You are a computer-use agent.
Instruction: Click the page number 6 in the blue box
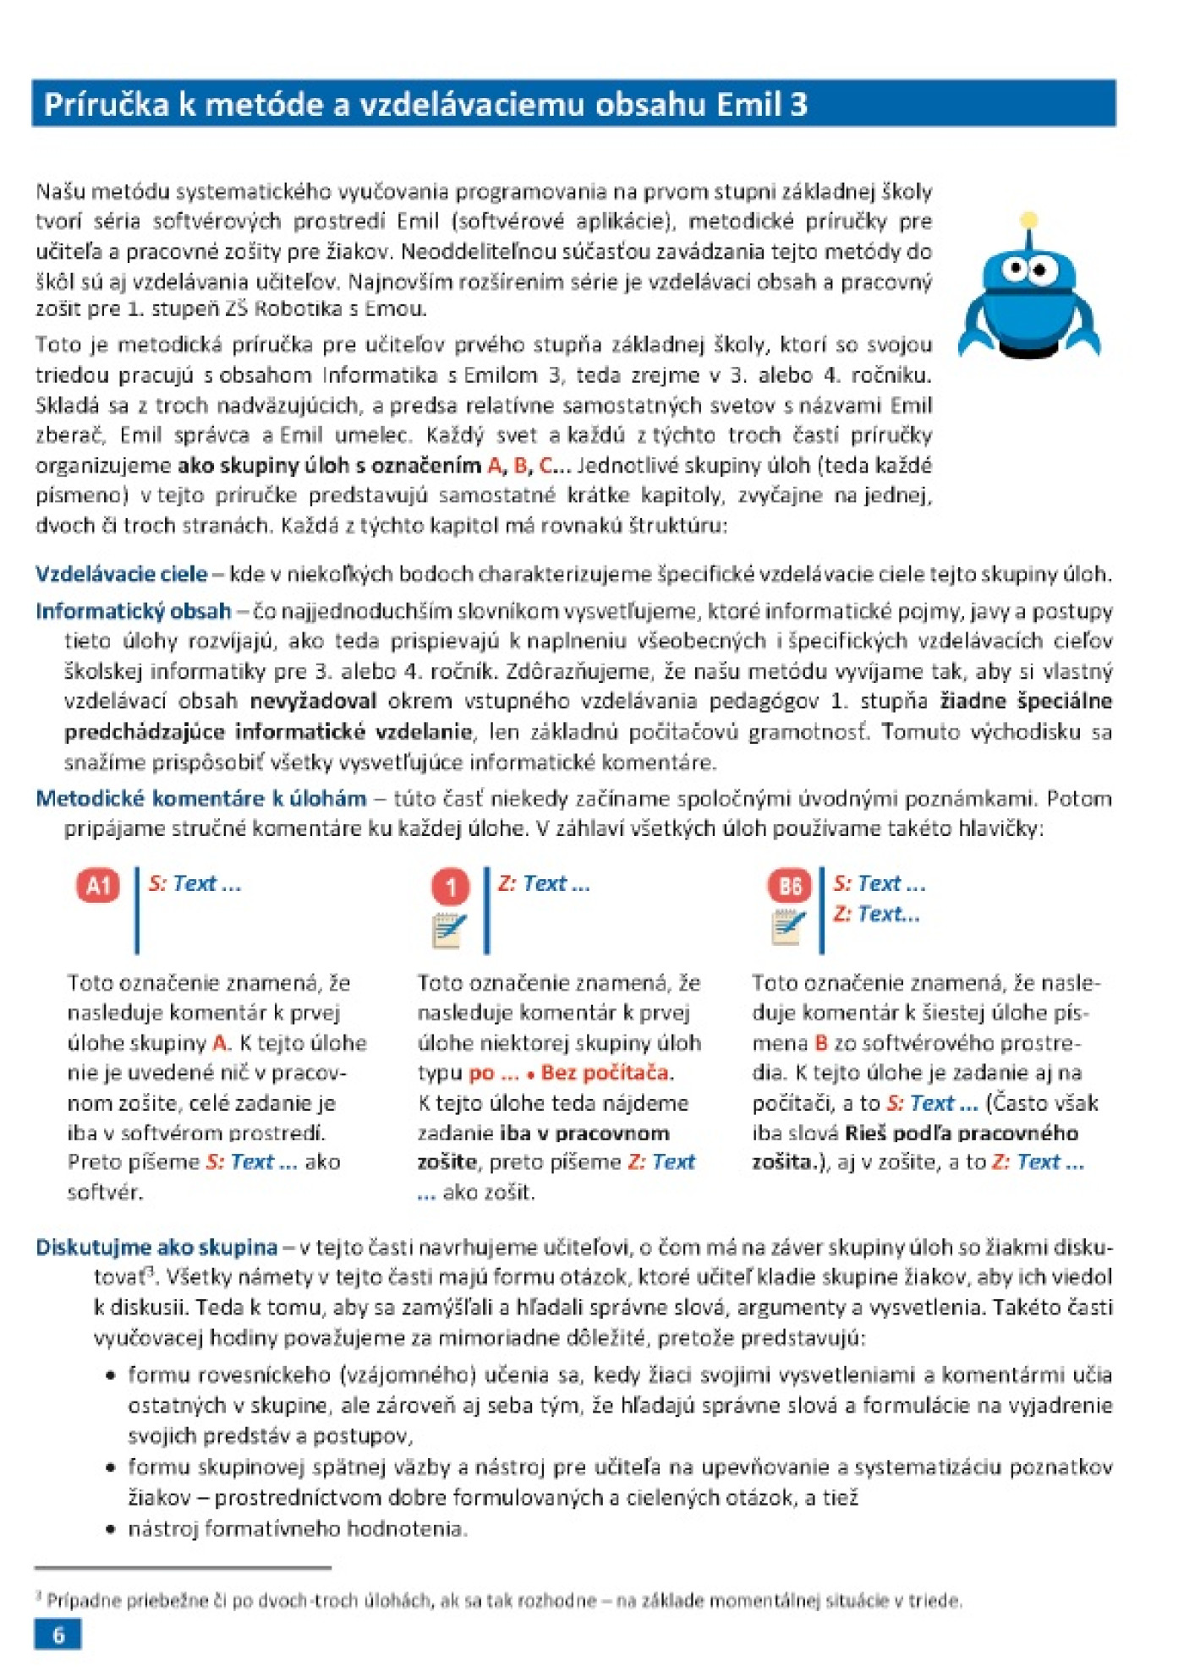(58, 1634)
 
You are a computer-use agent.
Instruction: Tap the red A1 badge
(98, 885)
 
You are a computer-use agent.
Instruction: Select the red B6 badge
(789, 885)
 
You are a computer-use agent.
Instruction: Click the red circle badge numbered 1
(451, 887)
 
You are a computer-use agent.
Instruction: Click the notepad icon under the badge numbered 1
(449, 931)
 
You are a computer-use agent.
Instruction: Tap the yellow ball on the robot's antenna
(1028, 221)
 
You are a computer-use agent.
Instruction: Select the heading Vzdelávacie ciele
(121, 574)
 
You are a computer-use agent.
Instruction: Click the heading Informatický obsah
(133, 610)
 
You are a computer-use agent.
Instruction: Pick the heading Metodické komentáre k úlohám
(200, 798)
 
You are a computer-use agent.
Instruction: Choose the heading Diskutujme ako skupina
(156, 1247)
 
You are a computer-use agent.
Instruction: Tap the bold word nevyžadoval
(313, 701)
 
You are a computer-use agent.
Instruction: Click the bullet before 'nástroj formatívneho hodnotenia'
(111, 1529)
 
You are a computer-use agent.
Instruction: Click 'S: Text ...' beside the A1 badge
(195, 883)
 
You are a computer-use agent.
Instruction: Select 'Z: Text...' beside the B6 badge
(876, 914)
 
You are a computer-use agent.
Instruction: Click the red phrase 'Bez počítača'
(606, 1073)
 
